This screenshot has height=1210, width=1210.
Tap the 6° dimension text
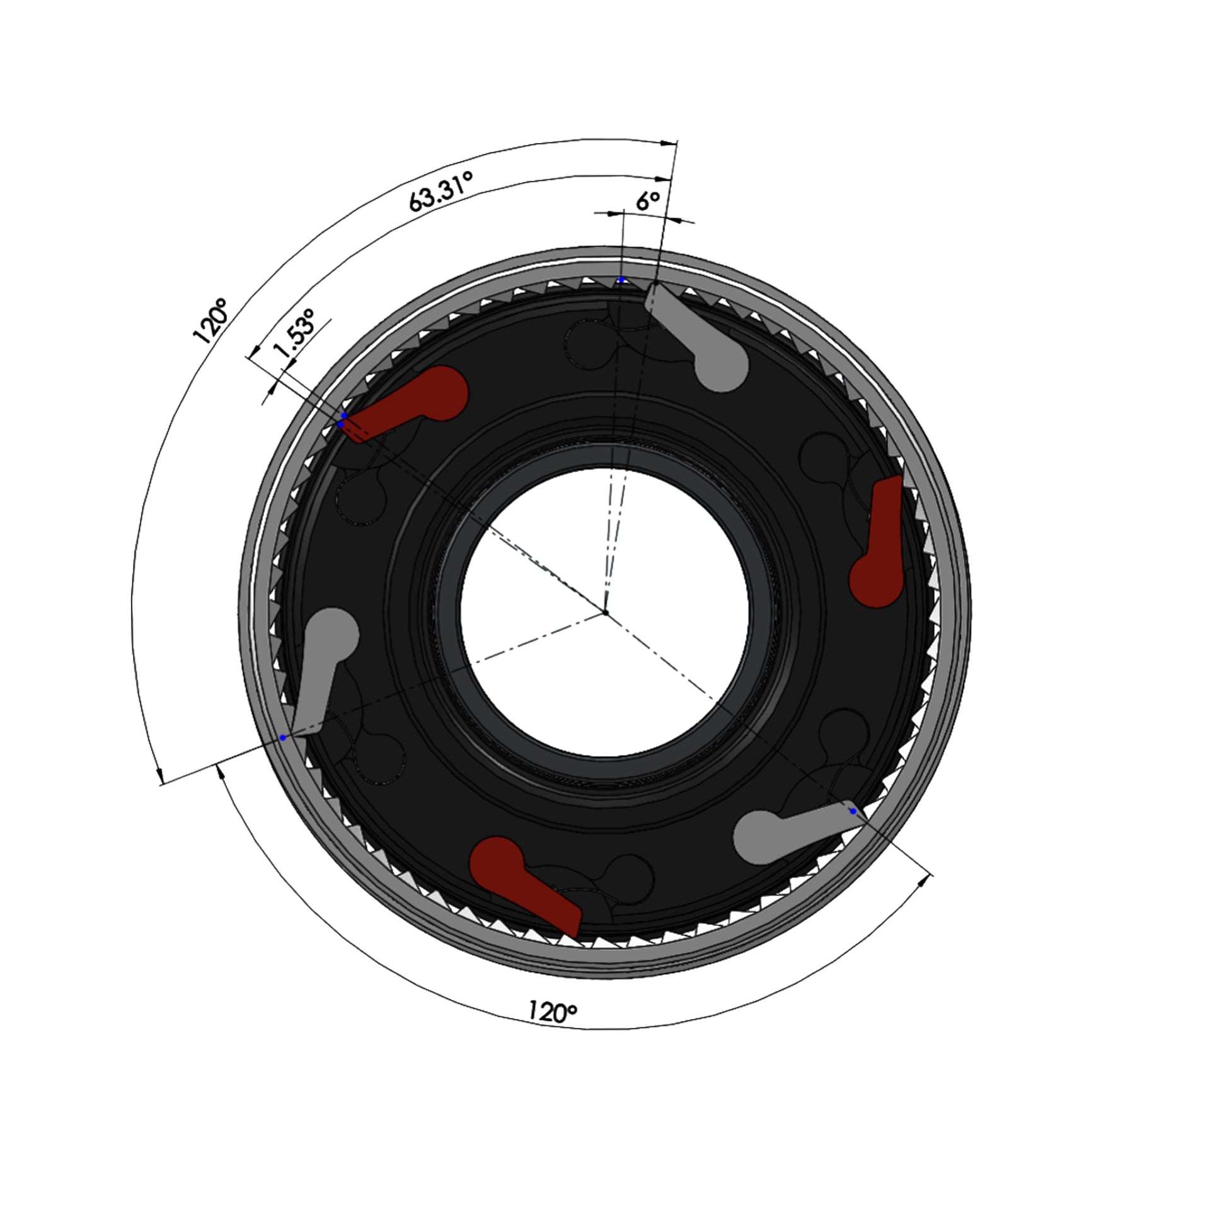647,201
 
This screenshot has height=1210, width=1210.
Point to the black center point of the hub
605,612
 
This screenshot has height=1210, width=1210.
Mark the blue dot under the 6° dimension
621,279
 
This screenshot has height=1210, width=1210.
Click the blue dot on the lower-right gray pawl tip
853,811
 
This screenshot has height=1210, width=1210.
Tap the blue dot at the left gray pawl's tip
283,737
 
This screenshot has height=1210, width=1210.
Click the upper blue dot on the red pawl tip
343,416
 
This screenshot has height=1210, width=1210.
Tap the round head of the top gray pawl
723,366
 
